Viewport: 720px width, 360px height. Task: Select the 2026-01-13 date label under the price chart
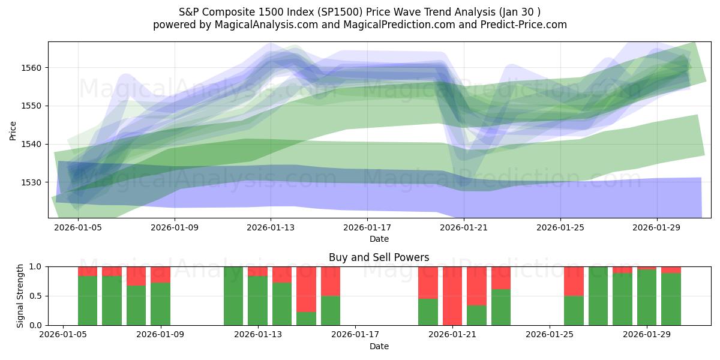pyautogui.click(x=271, y=228)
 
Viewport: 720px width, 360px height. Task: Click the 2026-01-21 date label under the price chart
pyautogui.click(x=464, y=228)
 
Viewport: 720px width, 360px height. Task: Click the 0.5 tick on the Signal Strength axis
pyautogui.click(x=35, y=296)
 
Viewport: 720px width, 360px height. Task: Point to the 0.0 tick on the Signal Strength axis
pyautogui.click(x=35, y=326)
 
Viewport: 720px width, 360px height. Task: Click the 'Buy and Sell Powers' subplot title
pyautogui.click(x=379, y=257)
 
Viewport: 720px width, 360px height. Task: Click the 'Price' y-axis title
pyautogui.click(x=14, y=130)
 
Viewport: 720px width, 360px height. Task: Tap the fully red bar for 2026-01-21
pyautogui.click(x=452, y=296)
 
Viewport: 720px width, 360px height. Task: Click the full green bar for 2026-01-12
pyautogui.click(x=233, y=296)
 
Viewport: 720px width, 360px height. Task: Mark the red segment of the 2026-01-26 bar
pyautogui.click(x=574, y=281)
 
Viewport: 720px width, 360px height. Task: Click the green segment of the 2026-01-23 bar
pyautogui.click(x=501, y=307)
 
